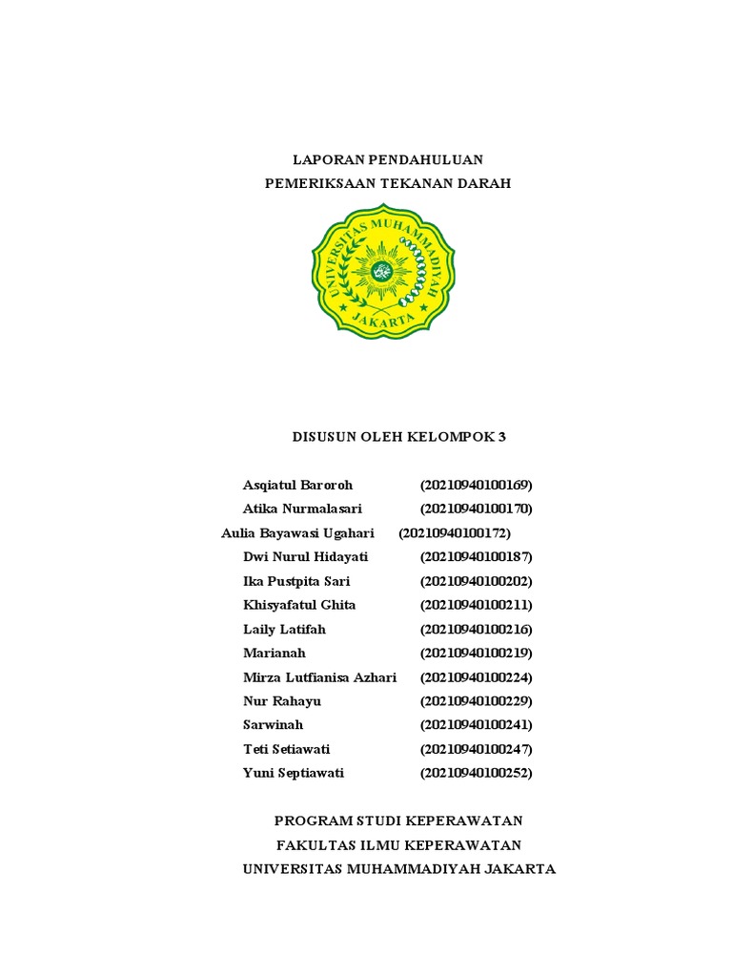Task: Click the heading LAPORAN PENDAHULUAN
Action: pos(387,158)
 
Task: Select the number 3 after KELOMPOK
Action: pos(501,437)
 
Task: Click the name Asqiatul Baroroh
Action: pos(297,485)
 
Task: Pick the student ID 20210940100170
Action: pos(476,509)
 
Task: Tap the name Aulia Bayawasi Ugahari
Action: pos(297,532)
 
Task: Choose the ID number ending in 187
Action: pos(476,556)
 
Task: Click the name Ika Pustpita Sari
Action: pos(296,581)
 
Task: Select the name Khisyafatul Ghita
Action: pos(299,605)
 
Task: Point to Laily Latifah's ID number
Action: pos(476,629)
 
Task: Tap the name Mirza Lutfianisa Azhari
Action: pos(319,677)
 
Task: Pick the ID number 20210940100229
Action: pos(476,701)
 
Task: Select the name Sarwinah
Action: pos(273,725)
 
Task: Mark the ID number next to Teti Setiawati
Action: pos(476,749)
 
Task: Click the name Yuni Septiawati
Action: pos(294,773)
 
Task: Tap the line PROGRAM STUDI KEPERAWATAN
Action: pos(398,821)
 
